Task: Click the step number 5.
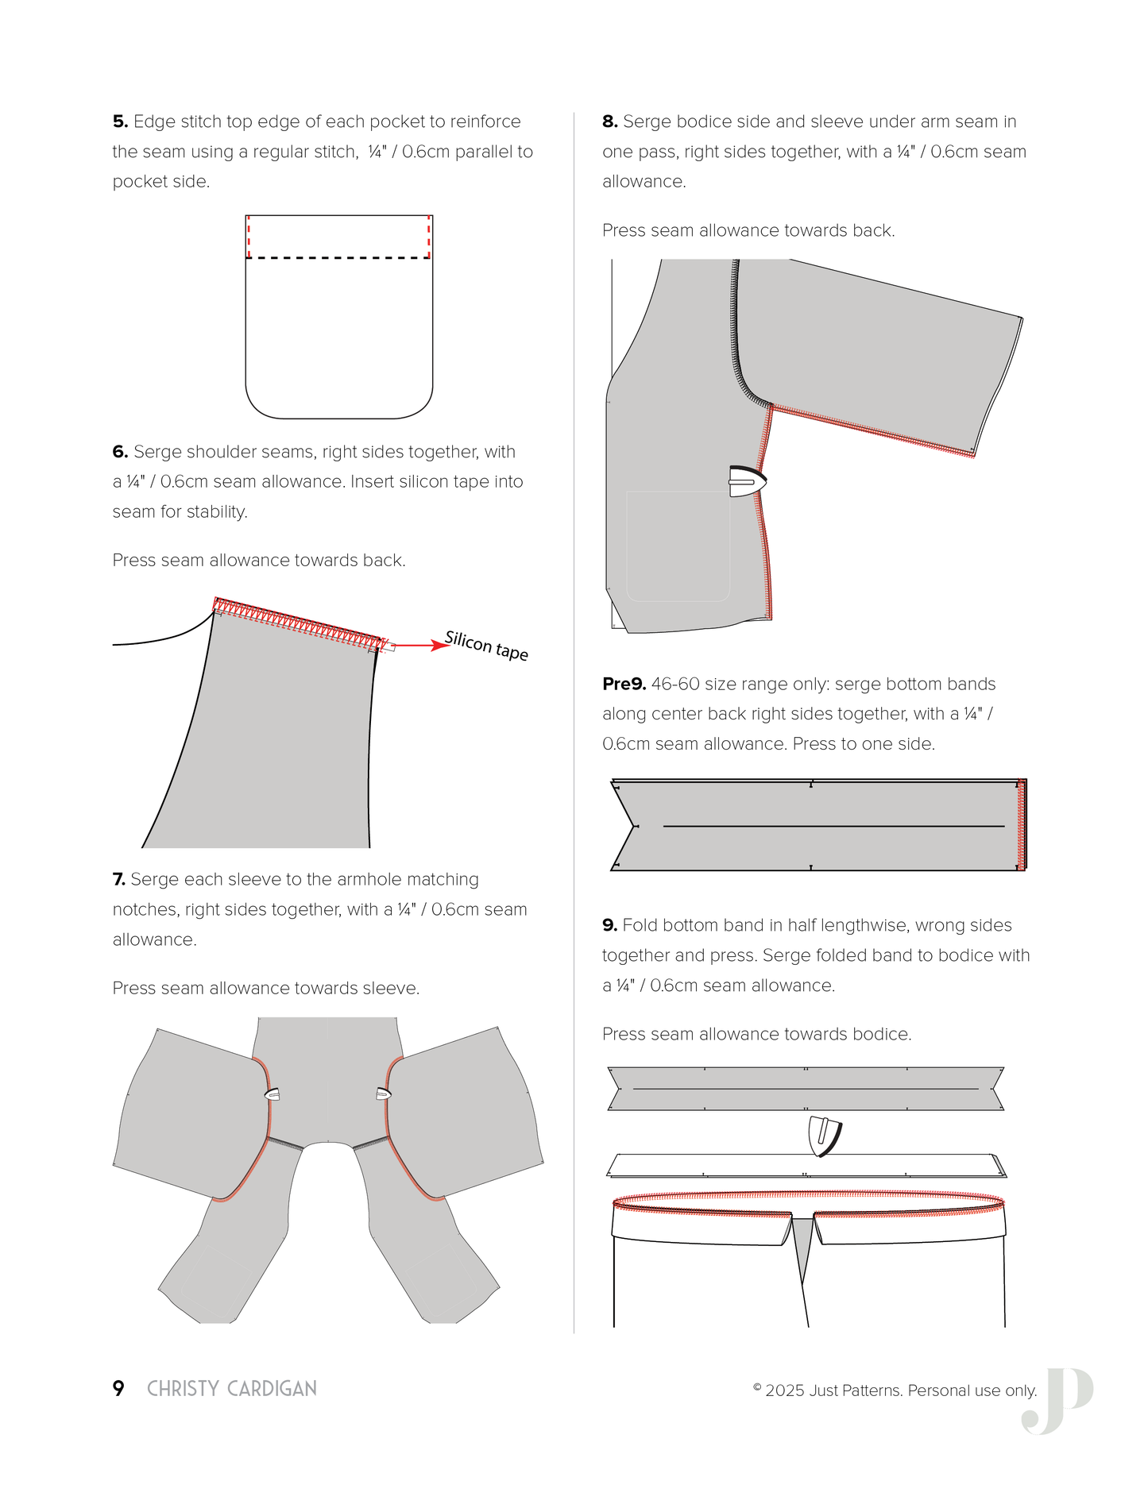point(120,121)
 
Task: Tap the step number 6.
point(120,452)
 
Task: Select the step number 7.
point(118,879)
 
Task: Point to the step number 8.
point(609,121)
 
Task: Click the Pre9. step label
point(624,684)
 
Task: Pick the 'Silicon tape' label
point(486,646)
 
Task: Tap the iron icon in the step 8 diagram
point(747,481)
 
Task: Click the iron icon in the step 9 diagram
point(824,1136)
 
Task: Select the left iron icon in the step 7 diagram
point(273,1094)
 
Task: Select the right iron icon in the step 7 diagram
point(383,1094)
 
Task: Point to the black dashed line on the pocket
point(338,258)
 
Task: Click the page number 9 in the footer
point(118,1388)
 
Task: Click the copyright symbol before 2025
point(757,1387)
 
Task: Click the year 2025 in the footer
point(785,1390)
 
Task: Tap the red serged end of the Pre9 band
point(1022,825)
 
